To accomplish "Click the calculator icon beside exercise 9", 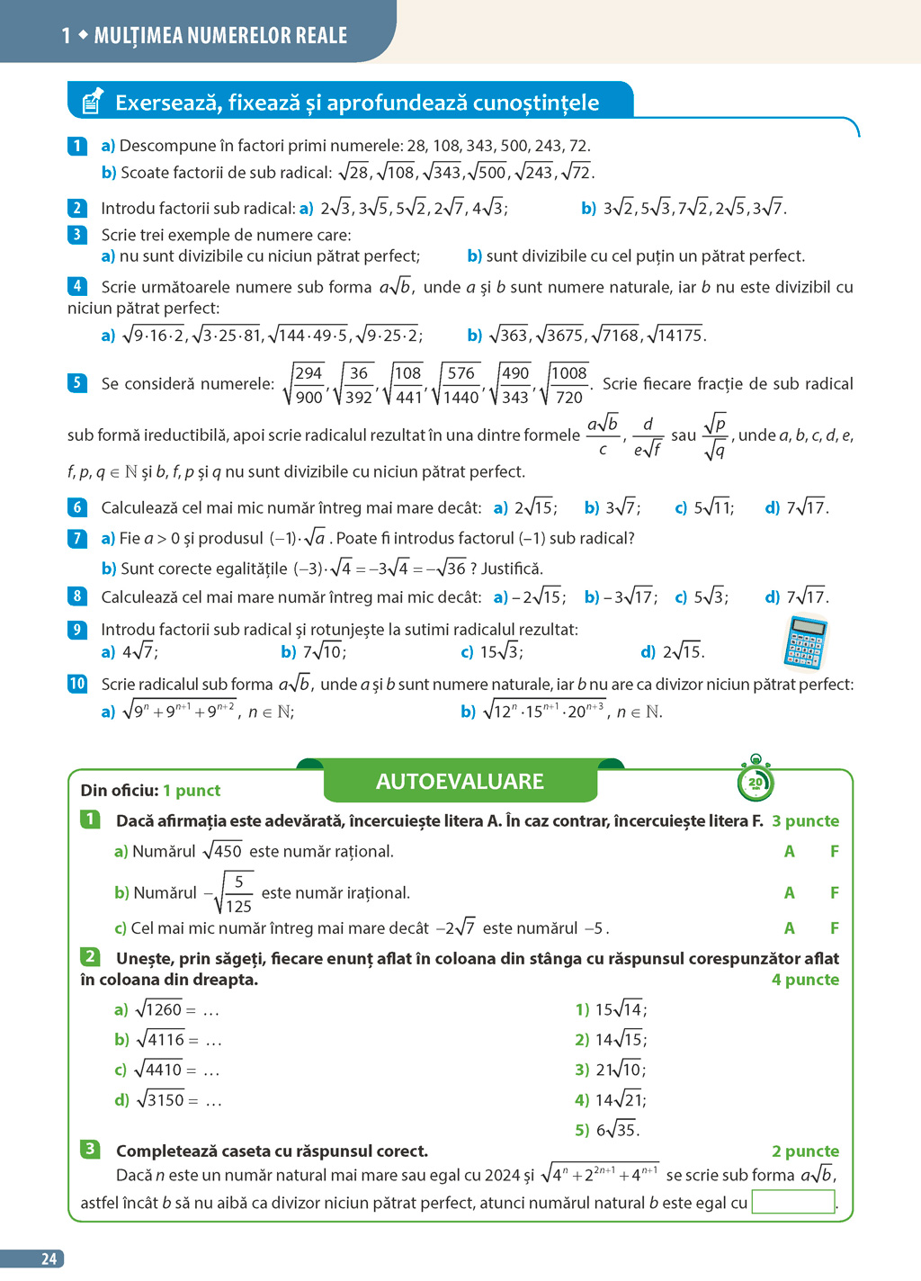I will coord(806,642).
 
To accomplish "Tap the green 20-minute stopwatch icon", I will coord(755,782).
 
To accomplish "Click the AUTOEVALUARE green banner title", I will coord(460,782).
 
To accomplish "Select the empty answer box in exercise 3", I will coord(792,1202).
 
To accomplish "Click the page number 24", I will coord(49,1259).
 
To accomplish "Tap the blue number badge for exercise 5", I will coord(77,383).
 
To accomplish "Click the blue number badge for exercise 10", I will coord(77,684).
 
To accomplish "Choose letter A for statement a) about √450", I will coord(789,851).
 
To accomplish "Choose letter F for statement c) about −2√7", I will coord(835,928).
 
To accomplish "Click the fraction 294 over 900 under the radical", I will coord(308,385).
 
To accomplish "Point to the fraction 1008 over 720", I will coord(568,385).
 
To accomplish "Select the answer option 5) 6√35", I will coord(607,1130).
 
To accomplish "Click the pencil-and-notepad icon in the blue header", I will coord(92,102).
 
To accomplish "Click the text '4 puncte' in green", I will coord(805,980).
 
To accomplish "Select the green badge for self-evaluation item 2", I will coord(90,956).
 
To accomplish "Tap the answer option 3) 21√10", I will coord(611,1070).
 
